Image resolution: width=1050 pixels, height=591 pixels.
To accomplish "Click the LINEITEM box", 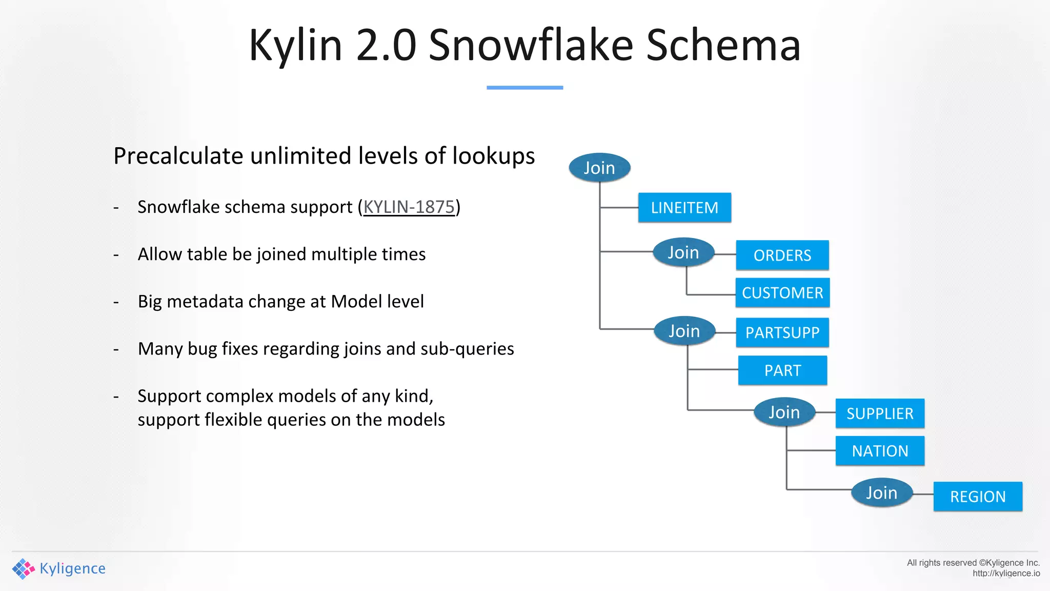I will (x=684, y=208).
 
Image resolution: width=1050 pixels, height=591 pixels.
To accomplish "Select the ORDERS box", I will (x=782, y=255).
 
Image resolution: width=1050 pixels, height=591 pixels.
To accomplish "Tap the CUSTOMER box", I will (x=782, y=292).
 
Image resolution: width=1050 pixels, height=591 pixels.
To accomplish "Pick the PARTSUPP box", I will (x=782, y=332).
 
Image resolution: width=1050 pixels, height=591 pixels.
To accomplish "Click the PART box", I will (x=782, y=370).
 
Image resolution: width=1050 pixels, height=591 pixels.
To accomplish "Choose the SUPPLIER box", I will (x=880, y=413).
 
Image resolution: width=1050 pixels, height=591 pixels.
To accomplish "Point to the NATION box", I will (x=880, y=451).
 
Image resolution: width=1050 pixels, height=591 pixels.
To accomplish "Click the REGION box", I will (x=978, y=496).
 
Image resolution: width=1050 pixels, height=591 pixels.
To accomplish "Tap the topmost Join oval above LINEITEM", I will (x=599, y=168).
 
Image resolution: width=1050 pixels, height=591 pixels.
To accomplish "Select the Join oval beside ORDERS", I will (x=683, y=252).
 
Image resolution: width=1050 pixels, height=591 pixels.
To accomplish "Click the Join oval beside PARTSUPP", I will (x=684, y=331).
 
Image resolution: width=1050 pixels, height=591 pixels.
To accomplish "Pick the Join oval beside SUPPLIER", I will (x=784, y=412).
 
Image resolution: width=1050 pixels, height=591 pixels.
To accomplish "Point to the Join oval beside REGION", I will (x=881, y=493).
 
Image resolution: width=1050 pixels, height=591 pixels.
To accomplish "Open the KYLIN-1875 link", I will (x=409, y=207).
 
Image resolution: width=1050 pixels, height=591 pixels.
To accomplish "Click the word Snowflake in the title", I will (x=531, y=45).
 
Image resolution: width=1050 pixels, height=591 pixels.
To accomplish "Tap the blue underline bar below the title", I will (x=524, y=88).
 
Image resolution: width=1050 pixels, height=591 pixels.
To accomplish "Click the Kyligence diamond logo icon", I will (x=23, y=568).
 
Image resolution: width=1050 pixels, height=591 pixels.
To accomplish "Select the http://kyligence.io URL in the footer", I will (x=1006, y=574).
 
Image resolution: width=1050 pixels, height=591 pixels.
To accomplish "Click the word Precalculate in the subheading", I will (x=178, y=156).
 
